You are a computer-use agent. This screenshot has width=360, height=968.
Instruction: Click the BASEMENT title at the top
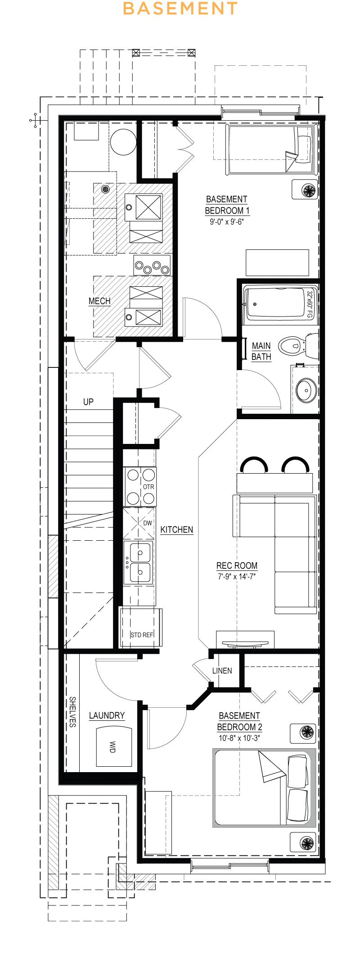[x=180, y=9]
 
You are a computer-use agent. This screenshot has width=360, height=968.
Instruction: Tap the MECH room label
[x=99, y=301]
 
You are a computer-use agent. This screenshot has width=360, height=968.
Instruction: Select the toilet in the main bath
[x=298, y=346]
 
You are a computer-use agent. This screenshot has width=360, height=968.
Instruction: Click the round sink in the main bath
[x=306, y=390]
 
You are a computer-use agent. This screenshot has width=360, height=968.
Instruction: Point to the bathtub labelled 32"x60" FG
[x=280, y=304]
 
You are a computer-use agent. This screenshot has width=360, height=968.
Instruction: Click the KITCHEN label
[x=177, y=529]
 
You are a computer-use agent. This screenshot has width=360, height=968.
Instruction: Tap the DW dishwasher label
[x=148, y=523]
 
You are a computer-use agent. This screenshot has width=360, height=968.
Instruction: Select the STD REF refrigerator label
[x=142, y=635]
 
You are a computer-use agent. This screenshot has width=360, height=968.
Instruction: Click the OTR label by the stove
[x=148, y=487]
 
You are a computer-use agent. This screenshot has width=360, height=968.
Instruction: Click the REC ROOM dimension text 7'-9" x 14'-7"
[x=237, y=577]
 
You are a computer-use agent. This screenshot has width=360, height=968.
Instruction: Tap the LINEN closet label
[x=222, y=671]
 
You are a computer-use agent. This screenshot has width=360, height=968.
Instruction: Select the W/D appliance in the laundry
[x=114, y=746]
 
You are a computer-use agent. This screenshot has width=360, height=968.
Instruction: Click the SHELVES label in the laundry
[x=72, y=712]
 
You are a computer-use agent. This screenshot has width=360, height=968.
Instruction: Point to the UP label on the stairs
[x=88, y=402]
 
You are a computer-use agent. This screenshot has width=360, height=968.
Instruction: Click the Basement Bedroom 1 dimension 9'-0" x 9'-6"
[x=227, y=222]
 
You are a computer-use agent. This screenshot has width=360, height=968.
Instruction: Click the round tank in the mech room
[x=123, y=142]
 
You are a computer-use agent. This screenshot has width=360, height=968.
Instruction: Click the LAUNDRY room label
[x=107, y=715]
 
